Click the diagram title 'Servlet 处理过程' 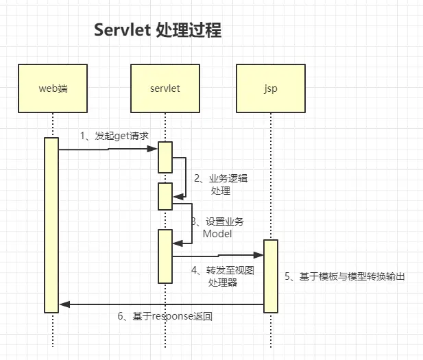coord(158,31)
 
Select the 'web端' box coord(53,88)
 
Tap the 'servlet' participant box coord(165,88)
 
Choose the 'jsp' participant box coord(270,88)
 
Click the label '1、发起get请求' coord(114,136)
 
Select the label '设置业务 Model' coord(221,228)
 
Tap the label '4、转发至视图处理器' coord(222,276)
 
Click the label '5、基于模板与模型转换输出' coord(346,276)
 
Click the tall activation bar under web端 coord(51,225)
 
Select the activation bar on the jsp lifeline coord(271,276)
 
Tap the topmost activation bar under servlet coord(165,157)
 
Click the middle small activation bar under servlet coord(165,196)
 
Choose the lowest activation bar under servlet coord(165,256)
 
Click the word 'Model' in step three coord(217,234)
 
